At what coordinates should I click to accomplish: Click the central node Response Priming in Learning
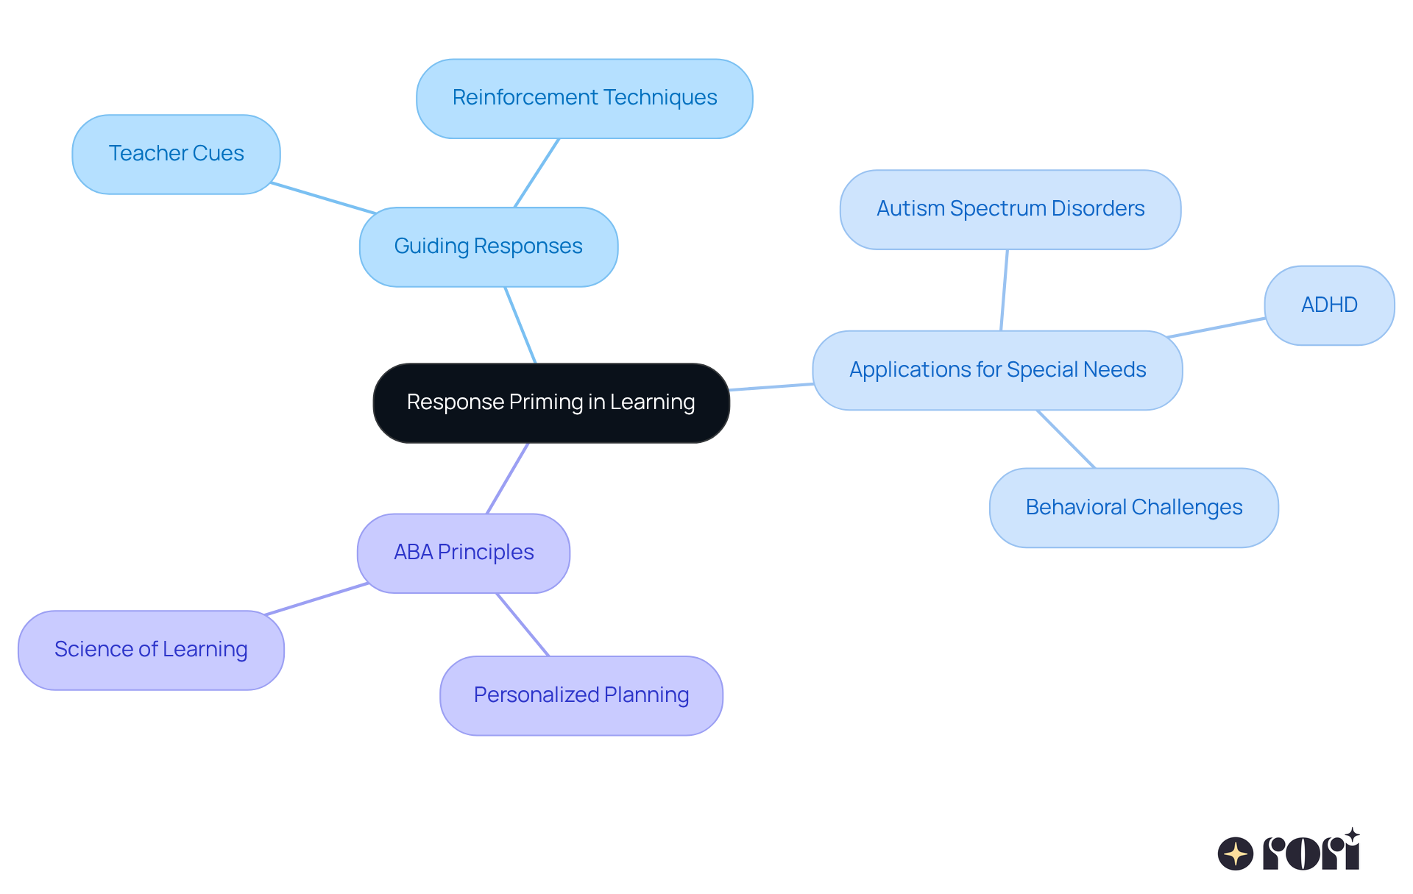pyautogui.click(x=551, y=403)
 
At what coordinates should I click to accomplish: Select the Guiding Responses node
pyautogui.click(x=489, y=247)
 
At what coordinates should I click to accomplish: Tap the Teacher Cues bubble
pyautogui.click(x=176, y=155)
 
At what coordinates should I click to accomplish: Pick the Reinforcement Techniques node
pyautogui.click(x=584, y=99)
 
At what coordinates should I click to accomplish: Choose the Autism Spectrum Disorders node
pyautogui.click(x=1010, y=210)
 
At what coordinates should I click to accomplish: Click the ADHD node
pyautogui.click(x=1329, y=305)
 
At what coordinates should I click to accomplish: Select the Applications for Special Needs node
pyautogui.click(x=997, y=370)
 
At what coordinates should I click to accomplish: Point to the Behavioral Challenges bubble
pyautogui.click(x=1133, y=508)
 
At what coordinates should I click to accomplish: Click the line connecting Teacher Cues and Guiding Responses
pyautogui.click(x=324, y=198)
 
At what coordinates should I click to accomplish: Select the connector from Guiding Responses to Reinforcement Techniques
pyautogui.click(x=536, y=173)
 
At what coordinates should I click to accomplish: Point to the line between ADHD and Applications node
pyautogui.click(x=1217, y=328)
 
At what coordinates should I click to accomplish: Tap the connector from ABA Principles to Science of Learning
pyautogui.click(x=316, y=599)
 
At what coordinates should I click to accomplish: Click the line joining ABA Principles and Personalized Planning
pyautogui.click(x=523, y=625)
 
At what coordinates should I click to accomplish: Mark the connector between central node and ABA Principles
pyautogui.click(x=508, y=478)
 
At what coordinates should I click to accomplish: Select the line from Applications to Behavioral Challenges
pyautogui.click(x=1066, y=439)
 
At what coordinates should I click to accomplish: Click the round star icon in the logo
pyautogui.click(x=1236, y=854)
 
